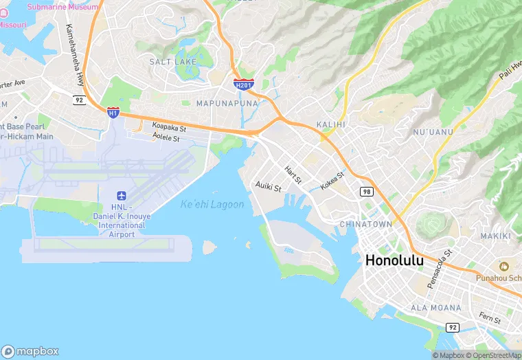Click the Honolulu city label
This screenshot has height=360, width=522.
(x=395, y=261)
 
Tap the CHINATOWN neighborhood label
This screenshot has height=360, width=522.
(x=366, y=225)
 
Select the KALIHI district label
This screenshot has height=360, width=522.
(x=330, y=124)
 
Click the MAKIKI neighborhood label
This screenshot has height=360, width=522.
(x=496, y=236)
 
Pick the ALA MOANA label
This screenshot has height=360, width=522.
(x=431, y=307)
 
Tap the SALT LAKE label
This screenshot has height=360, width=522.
(x=173, y=62)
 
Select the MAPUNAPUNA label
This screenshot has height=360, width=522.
(x=227, y=103)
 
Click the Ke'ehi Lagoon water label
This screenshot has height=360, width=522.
(x=212, y=205)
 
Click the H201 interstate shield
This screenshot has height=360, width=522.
(x=243, y=85)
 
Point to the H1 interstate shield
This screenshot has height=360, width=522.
(x=113, y=111)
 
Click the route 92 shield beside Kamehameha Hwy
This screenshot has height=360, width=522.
(x=80, y=100)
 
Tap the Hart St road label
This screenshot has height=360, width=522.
(x=293, y=175)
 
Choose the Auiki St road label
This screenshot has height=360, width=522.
(x=269, y=185)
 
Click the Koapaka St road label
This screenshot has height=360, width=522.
(x=169, y=126)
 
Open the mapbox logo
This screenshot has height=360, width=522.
(x=31, y=350)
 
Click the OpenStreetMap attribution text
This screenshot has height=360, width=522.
(x=495, y=355)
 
